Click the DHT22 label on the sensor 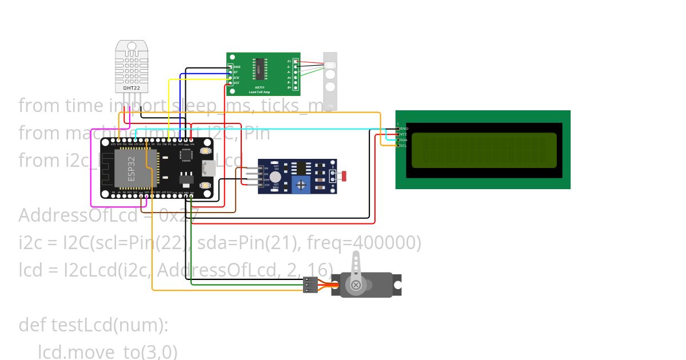point(131,89)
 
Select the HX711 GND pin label point(237,67)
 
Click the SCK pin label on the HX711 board point(236,78)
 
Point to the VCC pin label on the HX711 point(236,83)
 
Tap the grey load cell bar point(330,81)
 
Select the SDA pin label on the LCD point(403,140)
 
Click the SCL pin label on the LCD point(403,145)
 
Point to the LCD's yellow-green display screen point(484,150)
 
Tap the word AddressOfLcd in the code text point(78,216)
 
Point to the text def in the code point(33,325)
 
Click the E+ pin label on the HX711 point(289,61)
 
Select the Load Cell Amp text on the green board point(260,91)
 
